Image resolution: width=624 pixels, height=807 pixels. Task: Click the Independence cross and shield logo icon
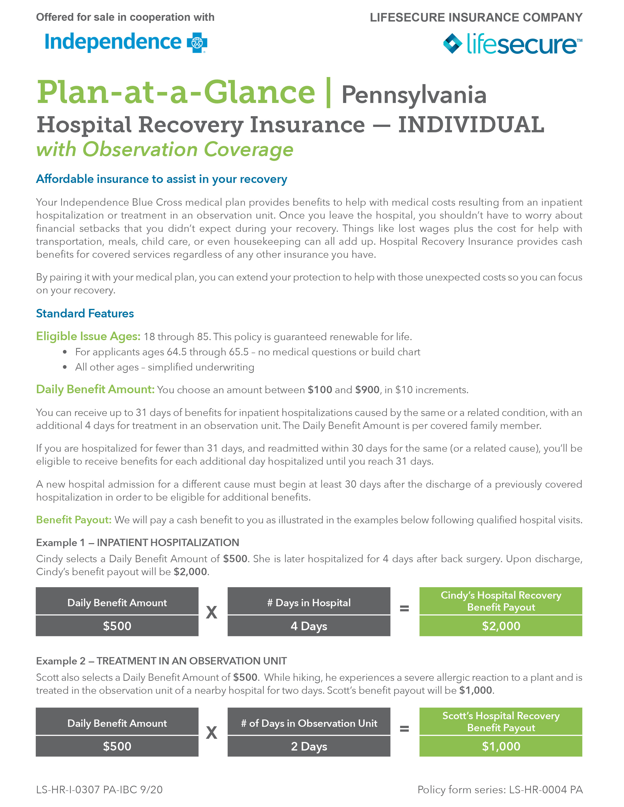pyautogui.click(x=197, y=43)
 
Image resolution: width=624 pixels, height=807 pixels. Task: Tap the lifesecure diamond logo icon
pyautogui.click(x=452, y=44)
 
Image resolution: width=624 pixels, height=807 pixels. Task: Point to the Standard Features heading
pyautogui.click(x=85, y=313)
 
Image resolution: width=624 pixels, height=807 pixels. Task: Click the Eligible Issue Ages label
pyautogui.click(x=88, y=336)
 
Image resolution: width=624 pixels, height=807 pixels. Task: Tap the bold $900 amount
pyautogui.click(x=367, y=390)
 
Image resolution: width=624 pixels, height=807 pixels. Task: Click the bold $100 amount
pyautogui.click(x=320, y=390)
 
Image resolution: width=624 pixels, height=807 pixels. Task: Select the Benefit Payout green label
pyautogui.click(x=74, y=520)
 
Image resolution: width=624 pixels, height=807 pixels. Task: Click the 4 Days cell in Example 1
pyautogui.click(x=309, y=626)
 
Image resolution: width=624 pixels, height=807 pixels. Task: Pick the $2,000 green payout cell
pyautogui.click(x=500, y=626)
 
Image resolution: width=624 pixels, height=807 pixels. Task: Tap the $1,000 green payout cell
pyautogui.click(x=500, y=746)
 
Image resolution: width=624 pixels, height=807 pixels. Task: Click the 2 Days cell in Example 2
pyautogui.click(x=309, y=746)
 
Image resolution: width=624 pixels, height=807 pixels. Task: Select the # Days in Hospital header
pyautogui.click(x=309, y=603)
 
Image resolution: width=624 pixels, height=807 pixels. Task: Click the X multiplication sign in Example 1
pyautogui.click(x=211, y=613)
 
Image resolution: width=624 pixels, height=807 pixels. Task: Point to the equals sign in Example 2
pyautogui.click(x=404, y=729)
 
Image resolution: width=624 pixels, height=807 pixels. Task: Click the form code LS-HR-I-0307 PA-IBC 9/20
pyautogui.click(x=99, y=790)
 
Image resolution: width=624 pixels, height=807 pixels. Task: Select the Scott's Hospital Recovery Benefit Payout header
pyautogui.click(x=500, y=722)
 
